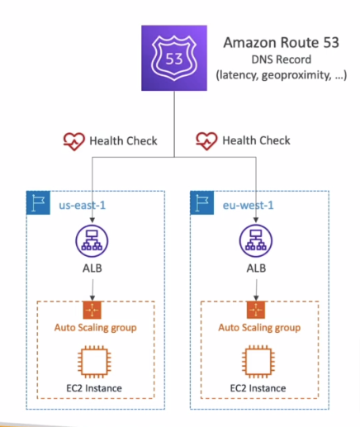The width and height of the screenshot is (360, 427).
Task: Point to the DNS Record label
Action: point(280,60)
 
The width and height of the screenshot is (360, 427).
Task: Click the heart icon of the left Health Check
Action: point(74,140)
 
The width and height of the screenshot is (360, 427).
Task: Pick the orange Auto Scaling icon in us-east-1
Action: point(91,310)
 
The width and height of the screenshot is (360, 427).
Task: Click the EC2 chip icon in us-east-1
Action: point(91,362)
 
